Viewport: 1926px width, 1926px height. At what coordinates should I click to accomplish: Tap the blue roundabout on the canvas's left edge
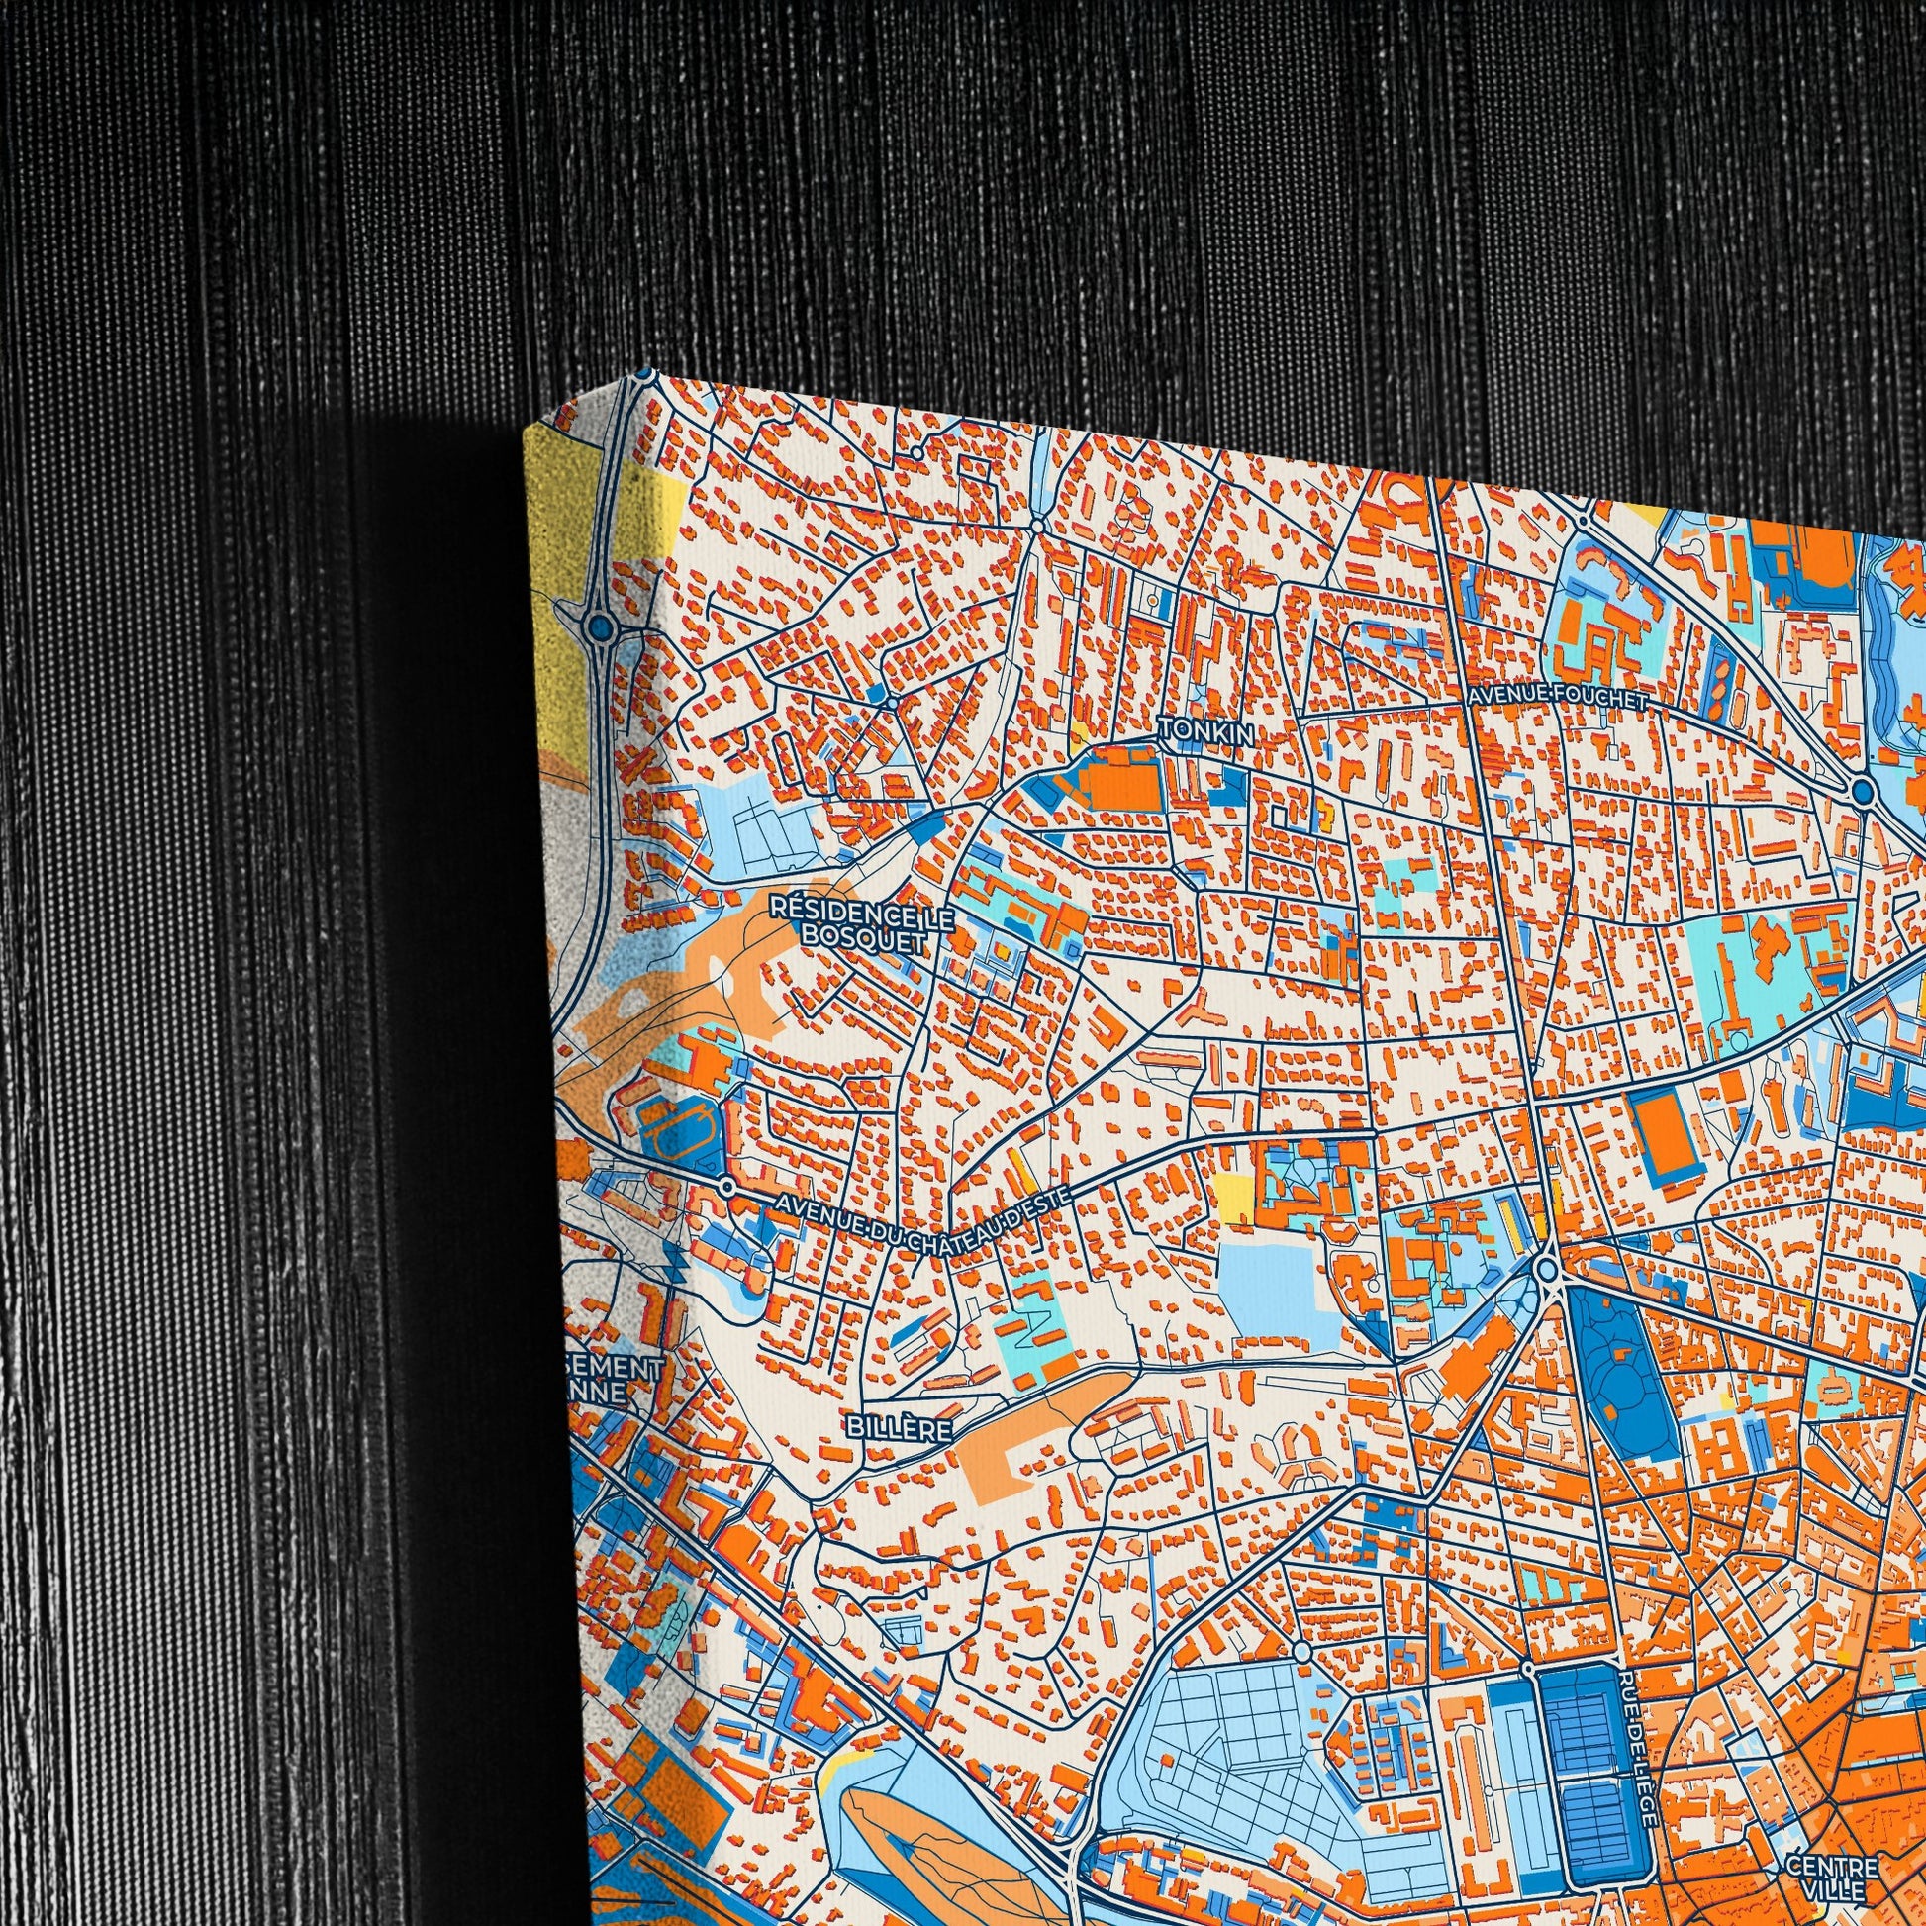click(600, 626)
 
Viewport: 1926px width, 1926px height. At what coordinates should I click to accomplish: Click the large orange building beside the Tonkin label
click(1123, 787)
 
